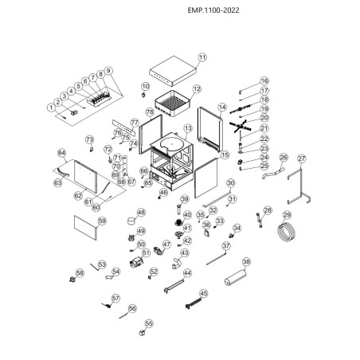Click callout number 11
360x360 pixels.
click(x=202, y=58)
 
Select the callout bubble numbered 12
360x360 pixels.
click(x=197, y=89)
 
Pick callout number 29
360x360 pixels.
click(x=288, y=215)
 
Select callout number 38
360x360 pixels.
click(x=246, y=261)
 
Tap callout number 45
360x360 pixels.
click(x=204, y=293)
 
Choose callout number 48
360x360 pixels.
click(x=141, y=213)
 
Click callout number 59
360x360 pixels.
click(x=101, y=221)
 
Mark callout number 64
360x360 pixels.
click(x=61, y=152)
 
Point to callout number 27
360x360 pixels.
click(x=300, y=158)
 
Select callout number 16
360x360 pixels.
click(x=265, y=81)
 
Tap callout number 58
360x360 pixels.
click(x=79, y=273)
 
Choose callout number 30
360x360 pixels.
click(x=232, y=182)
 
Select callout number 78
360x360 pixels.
click(x=149, y=112)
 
